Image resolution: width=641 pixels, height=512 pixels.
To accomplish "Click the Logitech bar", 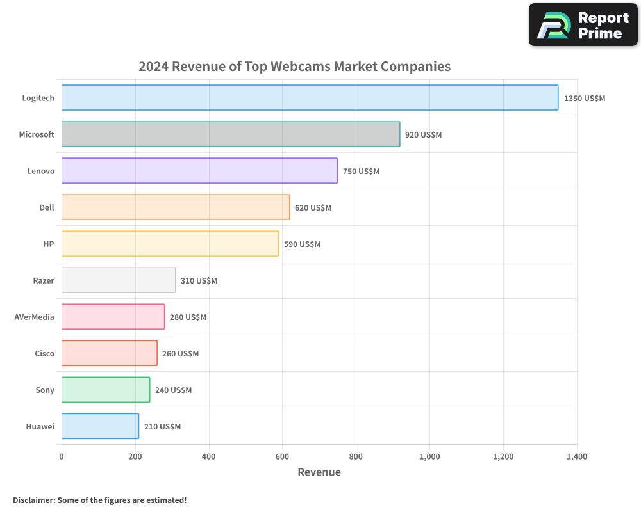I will (x=310, y=98).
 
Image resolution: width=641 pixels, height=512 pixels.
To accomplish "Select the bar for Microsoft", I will (x=231, y=134).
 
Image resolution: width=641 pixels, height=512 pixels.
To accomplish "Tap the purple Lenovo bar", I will (x=199, y=171).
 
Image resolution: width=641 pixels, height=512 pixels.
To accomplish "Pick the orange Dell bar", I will (x=176, y=207).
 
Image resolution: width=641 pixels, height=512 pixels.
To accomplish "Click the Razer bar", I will (x=119, y=280).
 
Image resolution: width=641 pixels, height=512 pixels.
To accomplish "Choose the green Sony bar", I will (x=106, y=390).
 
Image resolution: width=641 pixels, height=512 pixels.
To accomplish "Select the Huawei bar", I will (x=100, y=426).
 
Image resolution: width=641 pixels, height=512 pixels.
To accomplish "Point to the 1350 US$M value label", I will (x=584, y=99).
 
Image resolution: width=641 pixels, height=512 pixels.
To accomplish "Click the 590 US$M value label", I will (x=302, y=244).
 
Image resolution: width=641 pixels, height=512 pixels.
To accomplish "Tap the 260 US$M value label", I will (x=180, y=354).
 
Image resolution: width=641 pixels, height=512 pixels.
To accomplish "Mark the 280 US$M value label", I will (x=188, y=317).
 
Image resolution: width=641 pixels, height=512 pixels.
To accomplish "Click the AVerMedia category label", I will (x=35, y=317).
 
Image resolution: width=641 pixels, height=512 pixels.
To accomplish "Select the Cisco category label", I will (x=44, y=353).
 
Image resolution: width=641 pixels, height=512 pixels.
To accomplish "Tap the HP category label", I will (x=49, y=244).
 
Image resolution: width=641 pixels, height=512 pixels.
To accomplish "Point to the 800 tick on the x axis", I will (x=356, y=456).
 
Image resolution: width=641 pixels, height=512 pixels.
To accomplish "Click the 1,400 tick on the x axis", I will (x=576, y=456).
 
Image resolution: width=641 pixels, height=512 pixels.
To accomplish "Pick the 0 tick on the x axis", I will (x=62, y=456).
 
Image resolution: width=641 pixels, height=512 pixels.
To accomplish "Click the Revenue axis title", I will (x=319, y=472).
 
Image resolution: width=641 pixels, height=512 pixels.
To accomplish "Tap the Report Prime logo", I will (x=583, y=25).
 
